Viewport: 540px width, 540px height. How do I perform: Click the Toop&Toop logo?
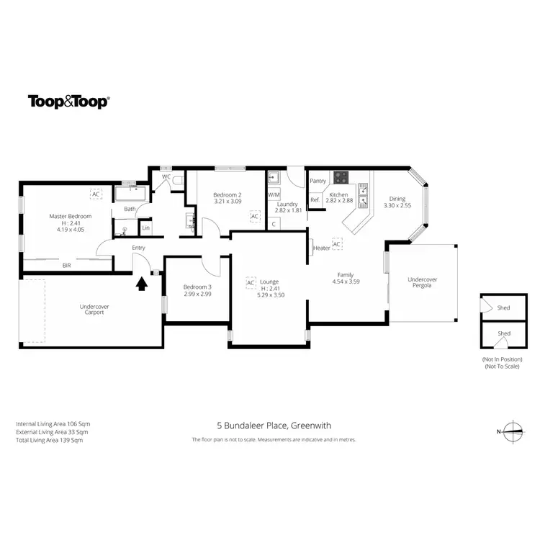(x=68, y=102)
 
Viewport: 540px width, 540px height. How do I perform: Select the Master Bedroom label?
(x=71, y=216)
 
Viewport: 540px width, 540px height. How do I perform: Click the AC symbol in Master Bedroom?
(x=96, y=193)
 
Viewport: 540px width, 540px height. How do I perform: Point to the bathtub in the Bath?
(x=131, y=194)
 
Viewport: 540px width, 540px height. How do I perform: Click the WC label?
(x=166, y=176)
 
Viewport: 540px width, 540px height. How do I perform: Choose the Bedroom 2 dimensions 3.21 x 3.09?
(x=227, y=202)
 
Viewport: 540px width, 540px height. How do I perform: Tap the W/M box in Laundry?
(x=274, y=194)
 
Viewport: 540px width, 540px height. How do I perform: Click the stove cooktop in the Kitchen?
(x=340, y=177)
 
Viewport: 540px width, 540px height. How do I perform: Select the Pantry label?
(x=318, y=181)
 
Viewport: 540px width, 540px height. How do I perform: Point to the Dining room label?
(x=397, y=199)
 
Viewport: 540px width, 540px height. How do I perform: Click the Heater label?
(x=322, y=248)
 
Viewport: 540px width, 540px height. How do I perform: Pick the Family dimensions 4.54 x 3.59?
(x=346, y=282)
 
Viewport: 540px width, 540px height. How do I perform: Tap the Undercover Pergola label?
(x=423, y=283)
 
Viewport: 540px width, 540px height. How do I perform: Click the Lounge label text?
(x=270, y=282)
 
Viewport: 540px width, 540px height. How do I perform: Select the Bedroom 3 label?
(x=197, y=287)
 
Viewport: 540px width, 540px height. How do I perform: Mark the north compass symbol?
(x=513, y=432)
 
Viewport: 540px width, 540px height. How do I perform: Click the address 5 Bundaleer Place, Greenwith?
(x=274, y=426)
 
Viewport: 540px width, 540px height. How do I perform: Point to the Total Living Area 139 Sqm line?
(x=50, y=440)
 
